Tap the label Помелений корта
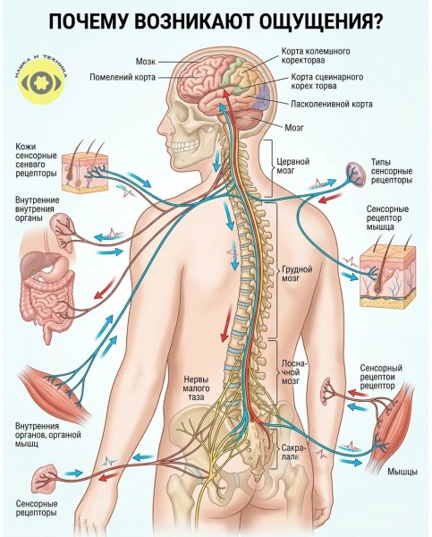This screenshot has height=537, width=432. (x=123, y=77)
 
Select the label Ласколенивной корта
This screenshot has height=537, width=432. (x=331, y=104)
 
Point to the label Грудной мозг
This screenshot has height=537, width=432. (x=297, y=274)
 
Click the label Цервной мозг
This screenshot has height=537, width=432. (x=292, y=166)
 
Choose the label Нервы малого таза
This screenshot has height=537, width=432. (x=196, y=388)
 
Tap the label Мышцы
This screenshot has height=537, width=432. (x=402, y=472)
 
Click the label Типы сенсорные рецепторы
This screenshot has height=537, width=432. (x=391, y=171)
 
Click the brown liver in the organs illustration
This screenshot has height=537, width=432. (x=34, y=262)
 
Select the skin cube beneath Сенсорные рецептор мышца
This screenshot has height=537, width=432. (x=387, y=276)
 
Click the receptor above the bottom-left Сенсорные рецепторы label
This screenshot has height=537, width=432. (x=44, y=477)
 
